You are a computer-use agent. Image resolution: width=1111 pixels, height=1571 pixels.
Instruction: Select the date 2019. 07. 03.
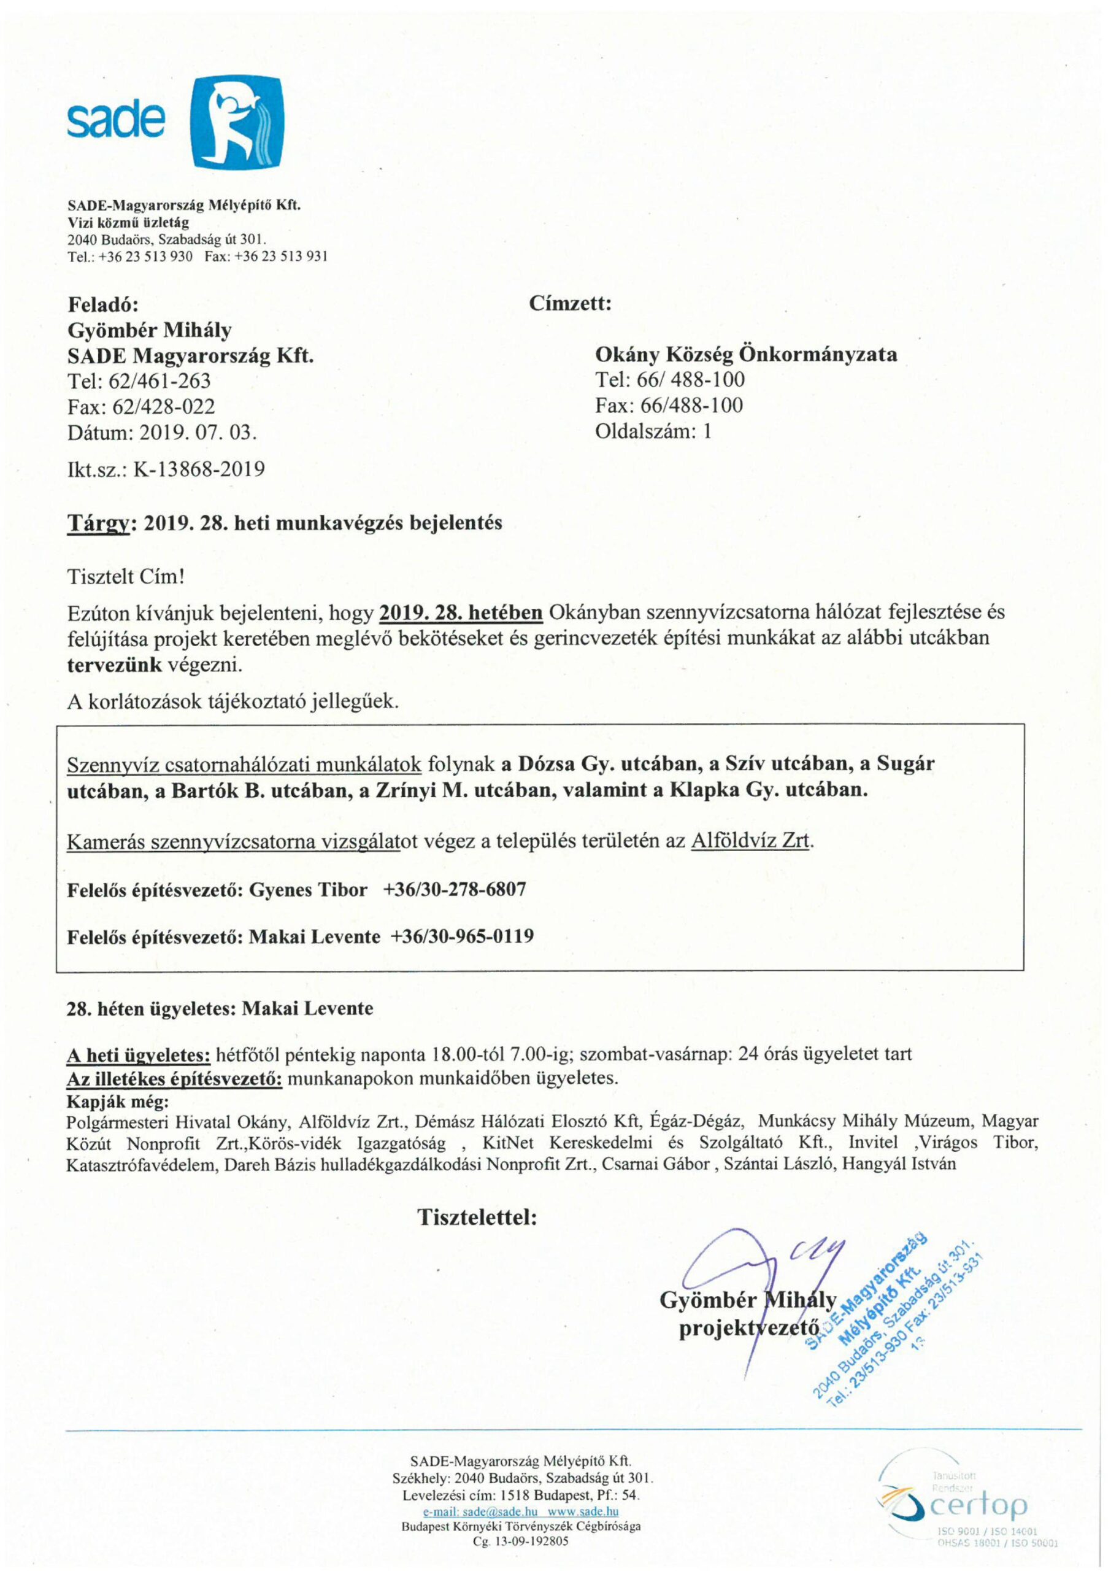pyautogui.click(x=198, y=433)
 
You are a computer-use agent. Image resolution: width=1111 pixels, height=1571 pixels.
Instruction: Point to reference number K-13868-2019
pyautogui.click(x=199, y=469)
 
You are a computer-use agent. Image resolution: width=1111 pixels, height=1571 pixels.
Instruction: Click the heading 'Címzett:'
pyautogui.click(x=570, y=304)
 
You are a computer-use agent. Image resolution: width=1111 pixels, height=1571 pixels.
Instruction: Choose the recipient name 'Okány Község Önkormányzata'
pyautogui.click(x=746, y=355)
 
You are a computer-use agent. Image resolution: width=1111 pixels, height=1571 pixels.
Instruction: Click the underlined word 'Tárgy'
pyautogui.click(x=99, y=523)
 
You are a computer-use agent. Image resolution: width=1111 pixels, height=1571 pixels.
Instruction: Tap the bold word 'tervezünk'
pyautogui.click(x=114, y=665)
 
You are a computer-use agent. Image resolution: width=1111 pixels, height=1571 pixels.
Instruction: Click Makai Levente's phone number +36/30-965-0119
pyautogui.click(x=462, y=936)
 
